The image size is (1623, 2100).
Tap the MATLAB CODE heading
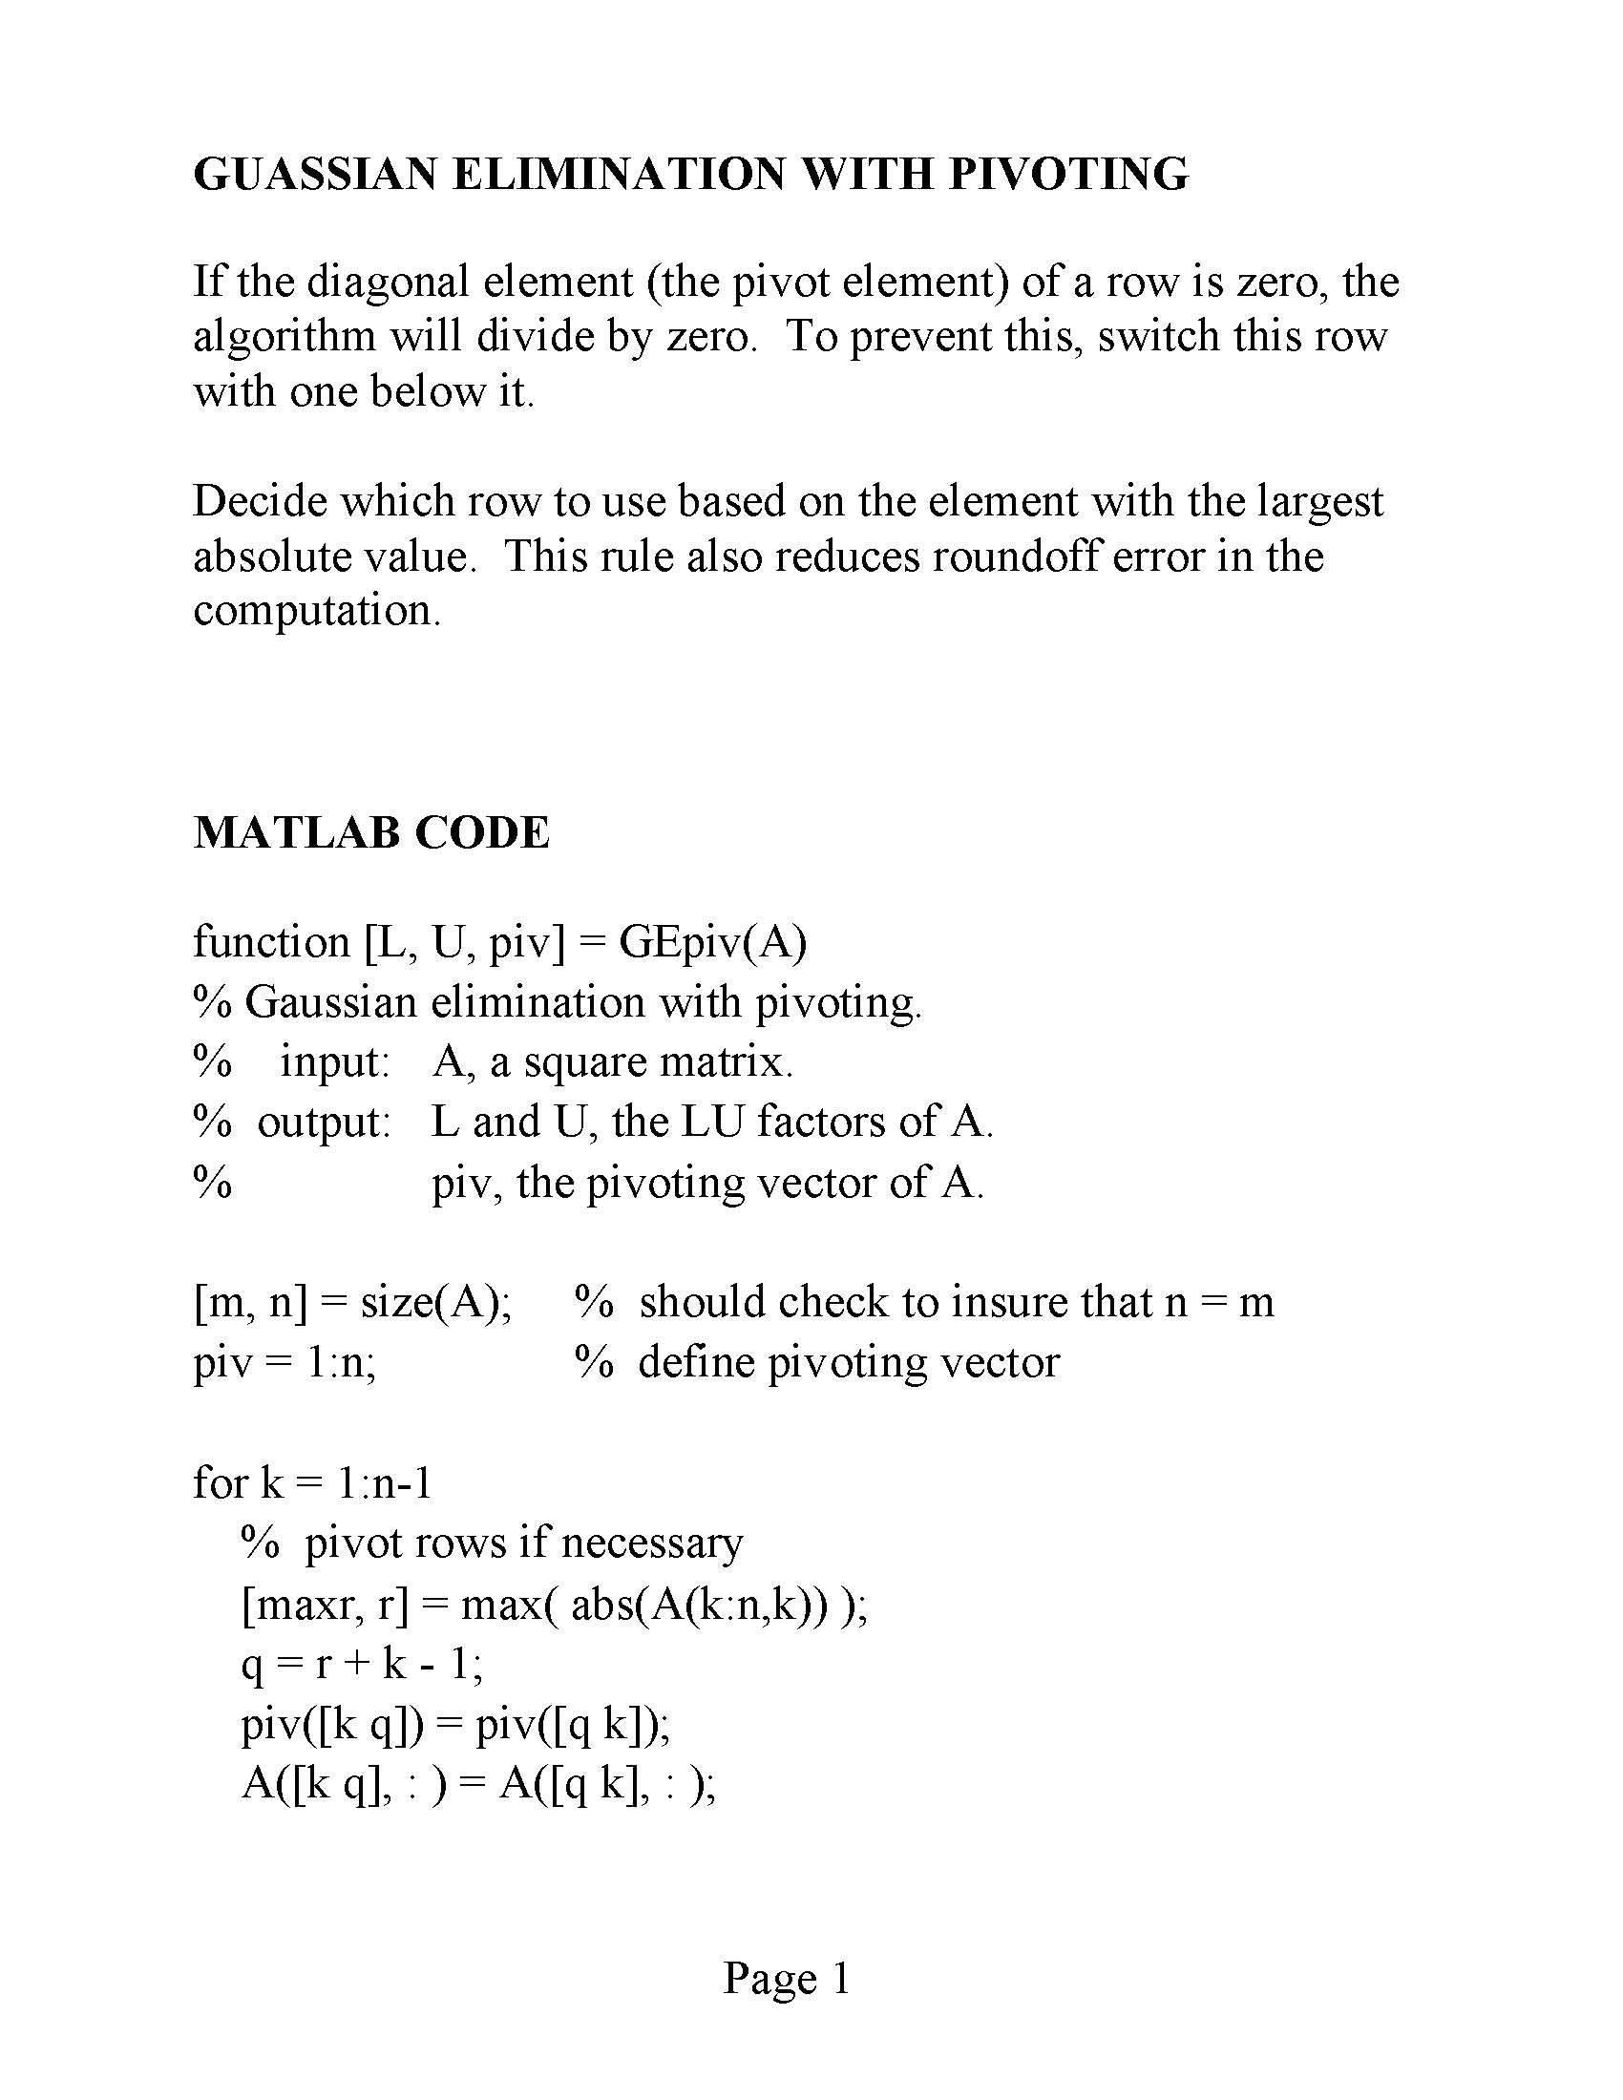click(371, 831)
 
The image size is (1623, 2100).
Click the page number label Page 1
click(787, 1978)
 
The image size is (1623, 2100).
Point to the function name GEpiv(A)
click(712, 941)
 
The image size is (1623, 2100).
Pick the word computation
click(316, 611)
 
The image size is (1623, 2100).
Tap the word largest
click(1318, 501)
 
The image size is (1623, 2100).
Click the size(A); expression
click(435, 1302)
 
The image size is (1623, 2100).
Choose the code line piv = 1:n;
click(285, 1362)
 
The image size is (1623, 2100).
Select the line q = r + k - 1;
click(362, 1665)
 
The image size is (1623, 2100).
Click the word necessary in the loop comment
click(652, 1544)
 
